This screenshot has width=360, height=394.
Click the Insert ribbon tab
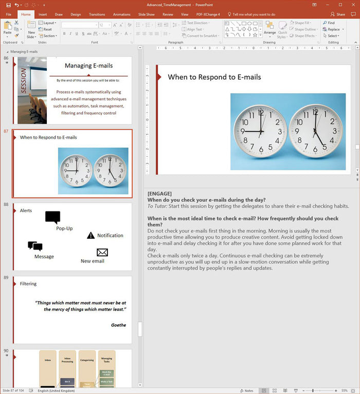[x=43, y=14]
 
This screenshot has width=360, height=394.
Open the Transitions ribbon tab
[x=97, y=14]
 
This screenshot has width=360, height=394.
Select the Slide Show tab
[x=147, y=14]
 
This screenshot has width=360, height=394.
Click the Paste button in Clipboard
[x=7, y=28]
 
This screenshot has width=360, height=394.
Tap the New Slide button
[x=31, y=31]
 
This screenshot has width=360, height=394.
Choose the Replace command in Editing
[x=332, y=29]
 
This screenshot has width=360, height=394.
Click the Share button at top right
[x=338, y=14]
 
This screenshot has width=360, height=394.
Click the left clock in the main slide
[x=260, y=131]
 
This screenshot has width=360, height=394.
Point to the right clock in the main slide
[x=316, y=131]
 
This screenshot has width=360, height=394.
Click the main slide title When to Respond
[x=214, y=77]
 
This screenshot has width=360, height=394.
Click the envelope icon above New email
[x=102, y=252]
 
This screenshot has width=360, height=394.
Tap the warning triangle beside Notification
[x=91, y=236]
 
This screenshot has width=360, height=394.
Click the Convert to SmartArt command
[x=201, y=35]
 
